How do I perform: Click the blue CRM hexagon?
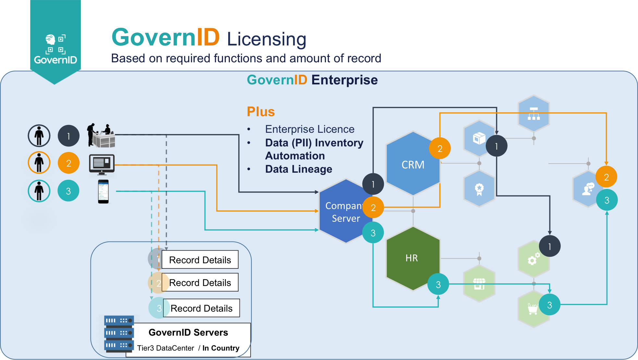point(413,164)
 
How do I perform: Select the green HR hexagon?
point(412,258)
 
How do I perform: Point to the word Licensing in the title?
point(266,39)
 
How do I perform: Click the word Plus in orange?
point(261,112)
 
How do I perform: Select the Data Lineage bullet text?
point(299,169)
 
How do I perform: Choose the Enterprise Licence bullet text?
point(310,129)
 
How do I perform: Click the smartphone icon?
point(103,192)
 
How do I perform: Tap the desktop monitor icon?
point(102,164)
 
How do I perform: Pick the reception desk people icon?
point(101,135)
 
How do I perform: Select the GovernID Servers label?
point(188,332)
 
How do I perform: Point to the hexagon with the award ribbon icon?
point(479,189)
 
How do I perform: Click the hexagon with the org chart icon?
point(534,113)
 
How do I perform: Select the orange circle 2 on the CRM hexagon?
point(440,148)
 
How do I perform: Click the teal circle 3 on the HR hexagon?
point(438,284)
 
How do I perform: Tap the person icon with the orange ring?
point(39,163)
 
